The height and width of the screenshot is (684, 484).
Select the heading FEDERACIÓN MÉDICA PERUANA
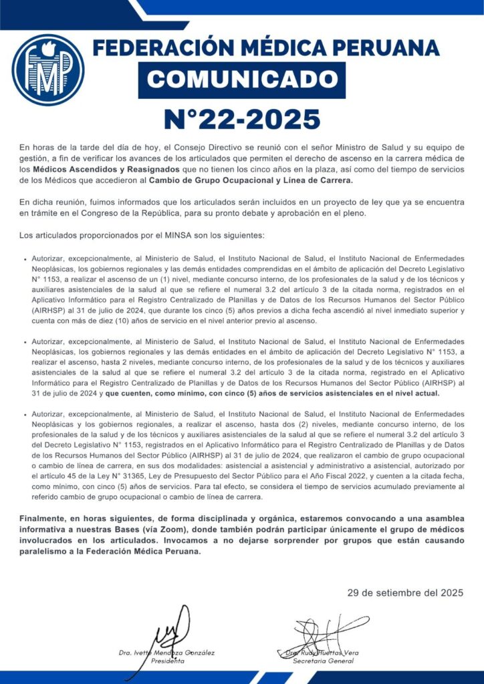point(266,49)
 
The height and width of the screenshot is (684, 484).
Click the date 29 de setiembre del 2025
point(405,592)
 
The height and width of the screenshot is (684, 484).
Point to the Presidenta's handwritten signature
point(165,631)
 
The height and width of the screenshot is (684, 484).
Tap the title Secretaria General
point(324,661)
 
